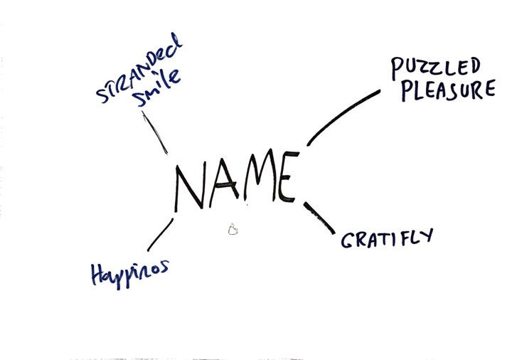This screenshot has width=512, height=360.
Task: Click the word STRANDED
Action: tap(139, 69)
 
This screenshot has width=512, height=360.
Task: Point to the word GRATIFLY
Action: tap(387, 238)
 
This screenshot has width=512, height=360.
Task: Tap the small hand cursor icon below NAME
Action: tap(232, 229)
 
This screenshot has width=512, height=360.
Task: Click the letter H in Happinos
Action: tap(98, 274)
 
